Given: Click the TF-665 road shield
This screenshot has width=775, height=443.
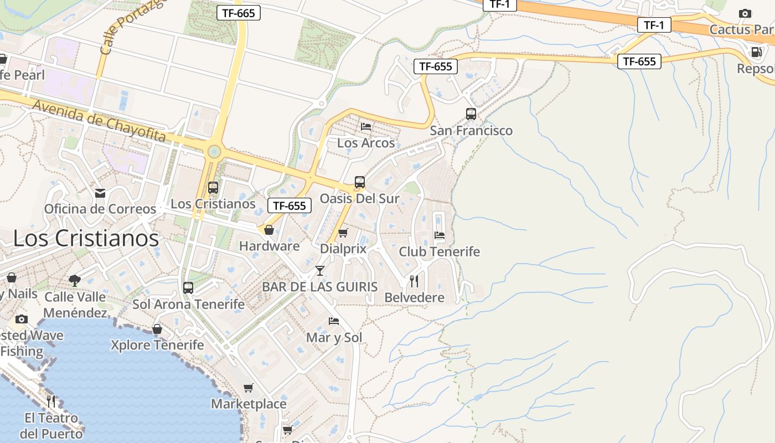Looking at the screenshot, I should (x=238, y=13).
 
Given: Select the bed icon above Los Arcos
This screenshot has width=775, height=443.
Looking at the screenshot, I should (x=366, y=126).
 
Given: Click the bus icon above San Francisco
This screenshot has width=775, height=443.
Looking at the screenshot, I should (x=471, y=114).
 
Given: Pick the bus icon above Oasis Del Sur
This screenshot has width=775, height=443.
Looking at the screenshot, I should (x=360, y=182).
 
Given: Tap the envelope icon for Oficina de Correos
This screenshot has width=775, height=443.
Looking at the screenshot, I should (x=100, y=193).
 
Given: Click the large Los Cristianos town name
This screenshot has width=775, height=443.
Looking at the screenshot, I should (x=86, y=239).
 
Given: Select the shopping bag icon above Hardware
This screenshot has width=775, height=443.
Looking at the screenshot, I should (x=269, y=230).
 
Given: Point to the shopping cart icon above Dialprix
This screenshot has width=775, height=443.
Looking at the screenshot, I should (x=343, y=233).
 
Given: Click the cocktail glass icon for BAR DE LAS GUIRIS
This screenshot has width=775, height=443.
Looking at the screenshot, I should (x=320, y=271).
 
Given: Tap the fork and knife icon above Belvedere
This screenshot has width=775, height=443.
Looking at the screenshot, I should (x=414, y=281).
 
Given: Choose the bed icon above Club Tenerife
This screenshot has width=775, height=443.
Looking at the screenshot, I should (x=440, y=235).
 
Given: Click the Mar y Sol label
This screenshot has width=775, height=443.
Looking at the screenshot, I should (x=334, y=338).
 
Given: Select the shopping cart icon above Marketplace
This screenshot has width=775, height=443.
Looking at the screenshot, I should (x=249, y=388).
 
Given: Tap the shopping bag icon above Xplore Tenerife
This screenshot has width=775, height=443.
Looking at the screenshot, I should (x=157, y=329).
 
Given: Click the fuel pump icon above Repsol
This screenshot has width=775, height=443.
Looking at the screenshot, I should (x=756, y=53).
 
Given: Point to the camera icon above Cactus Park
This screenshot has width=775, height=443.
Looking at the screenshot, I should (x=745, y=13).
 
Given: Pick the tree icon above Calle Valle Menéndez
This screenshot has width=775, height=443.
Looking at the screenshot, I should (x=75, y=281).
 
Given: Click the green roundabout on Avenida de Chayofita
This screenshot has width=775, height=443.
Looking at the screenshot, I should (x=214, y=151).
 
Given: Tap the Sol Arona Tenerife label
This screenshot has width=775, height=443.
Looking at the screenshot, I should (x=188, y=304).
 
